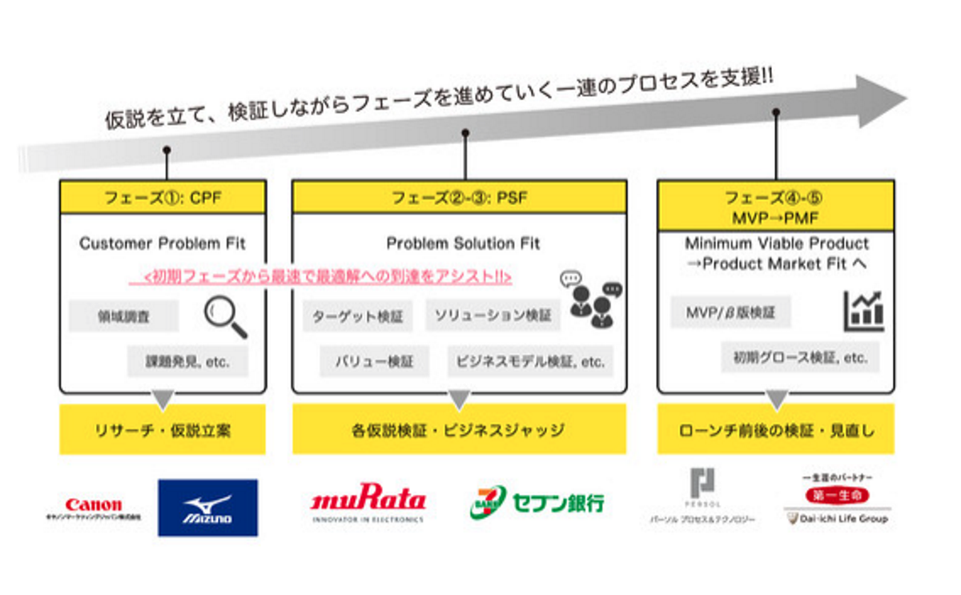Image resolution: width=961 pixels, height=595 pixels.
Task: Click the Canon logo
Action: pyautogui.click(x=94, y=505)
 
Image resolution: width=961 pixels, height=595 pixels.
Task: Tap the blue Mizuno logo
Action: pyautogui.click(x=207, y=508)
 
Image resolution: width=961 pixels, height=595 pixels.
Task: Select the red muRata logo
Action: pyautogui.click(x=368, y=502)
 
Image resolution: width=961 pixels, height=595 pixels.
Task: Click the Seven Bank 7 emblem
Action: pyautogui.click(x=488, y=502)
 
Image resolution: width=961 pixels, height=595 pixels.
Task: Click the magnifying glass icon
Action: pyautogui.click(x=225, y=317)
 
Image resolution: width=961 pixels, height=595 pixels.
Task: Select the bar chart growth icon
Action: pyautogui.click(x=863, y=311)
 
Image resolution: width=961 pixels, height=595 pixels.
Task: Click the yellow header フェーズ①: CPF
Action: pyautogui.click(x=163, y=196)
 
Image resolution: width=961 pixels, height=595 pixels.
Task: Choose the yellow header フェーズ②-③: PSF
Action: pyautogui.click(x=459, y=196)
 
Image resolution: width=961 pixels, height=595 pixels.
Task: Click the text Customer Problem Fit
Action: pyautogui.click(x=163, y=243)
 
